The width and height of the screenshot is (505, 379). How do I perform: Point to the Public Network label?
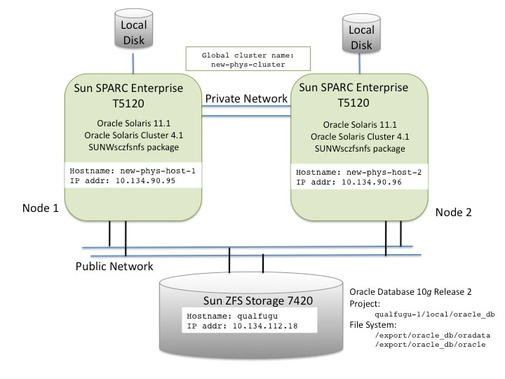tap(114, 266)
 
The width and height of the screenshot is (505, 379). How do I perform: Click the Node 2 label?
tap(454, 212)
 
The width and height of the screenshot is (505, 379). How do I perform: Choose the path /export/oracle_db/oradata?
tap(423, 336)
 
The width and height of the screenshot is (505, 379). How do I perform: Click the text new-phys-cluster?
tap(239, 65)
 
